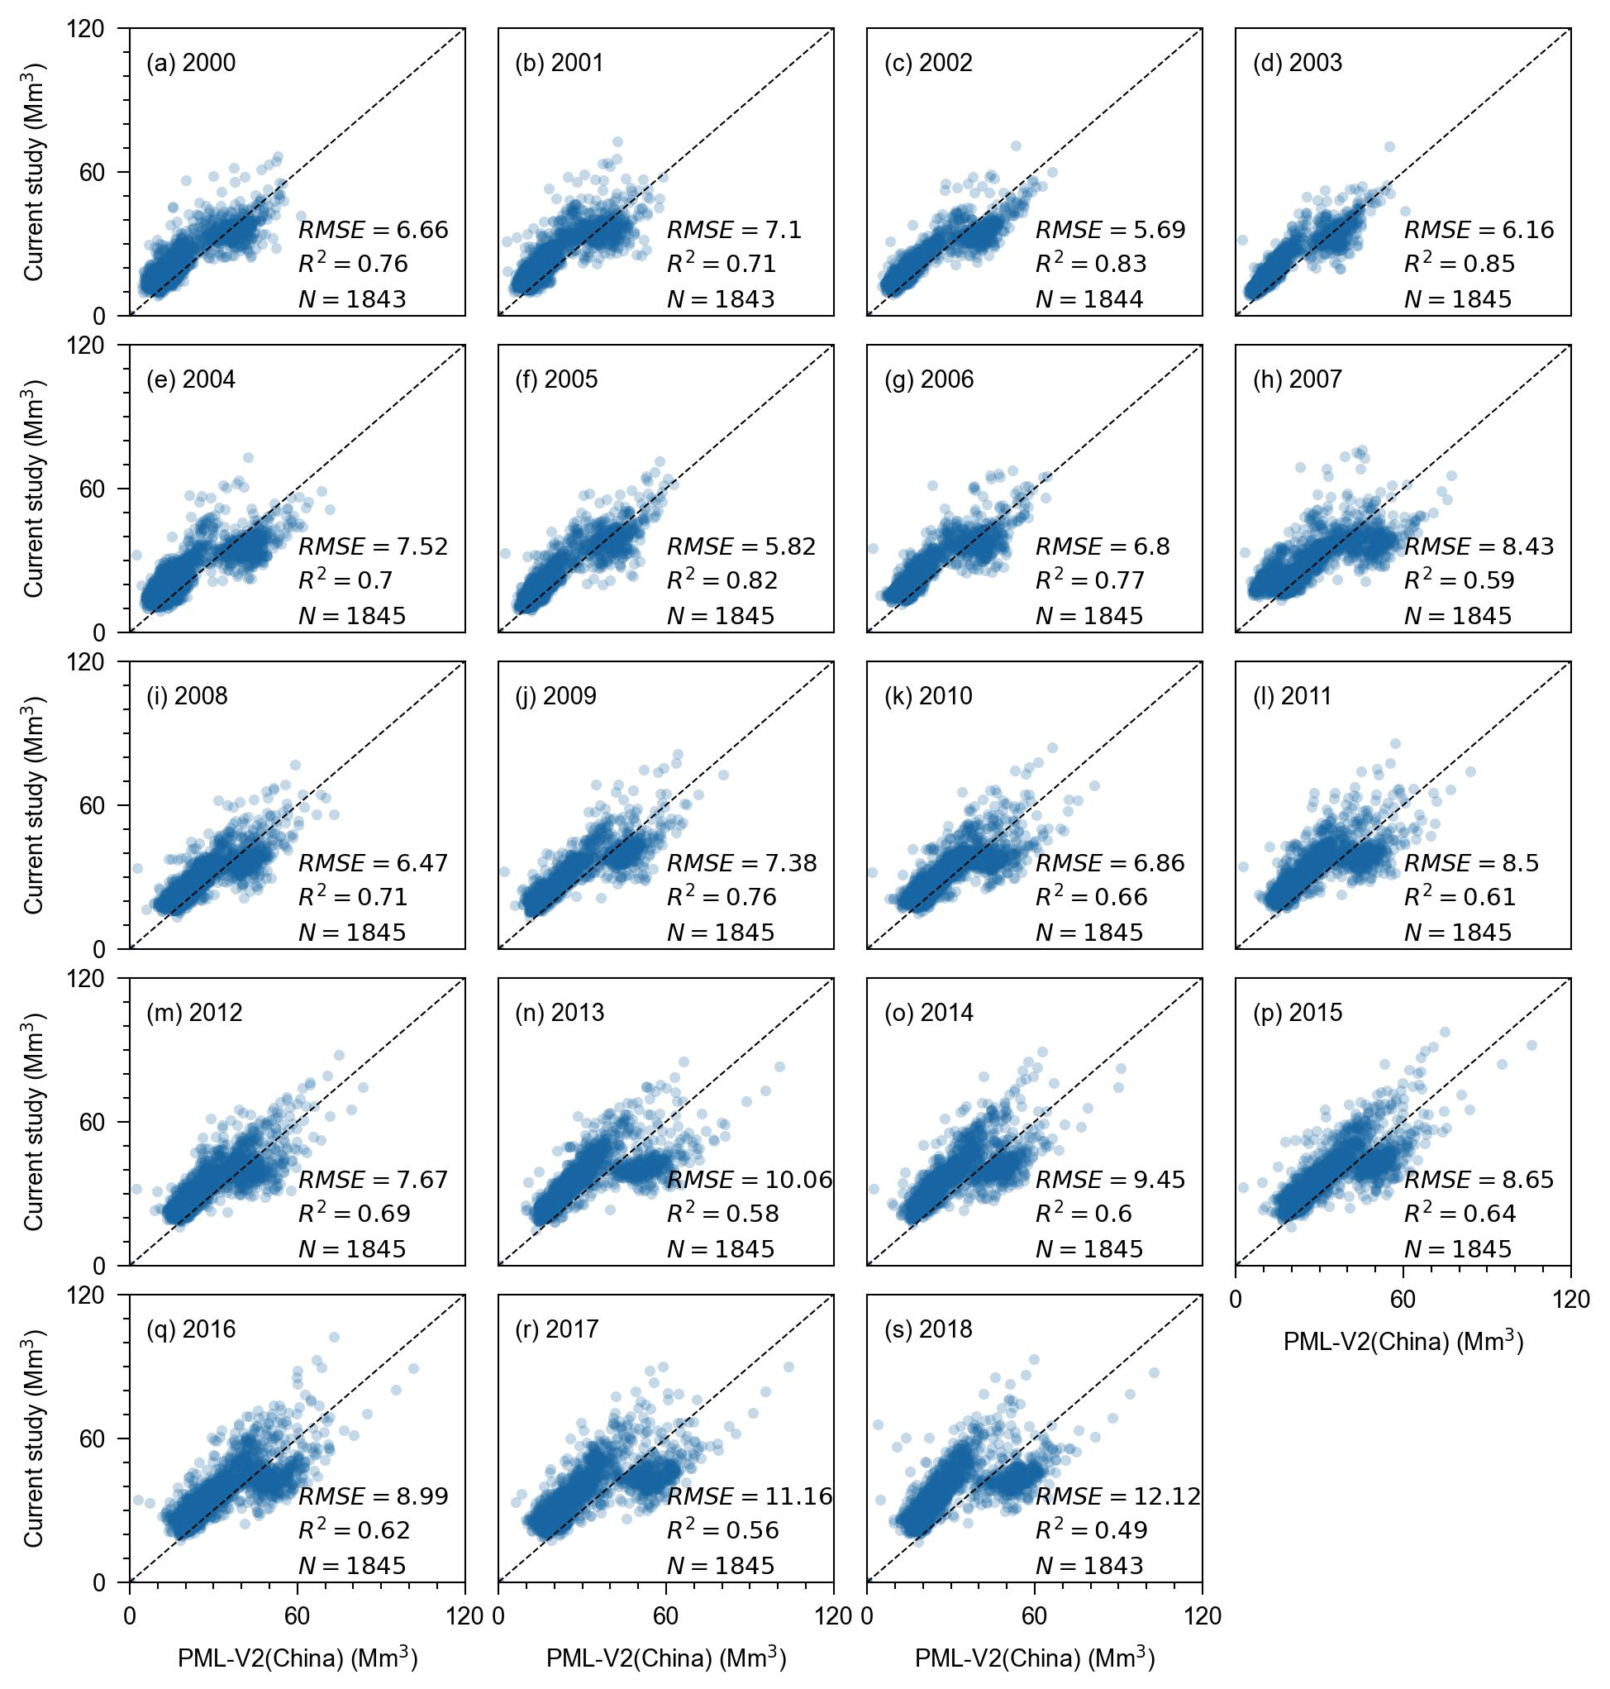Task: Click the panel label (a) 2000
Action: pyautogui.click(x=191, y=64)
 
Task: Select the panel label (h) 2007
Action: pyautogui.click(x=1297, y=379)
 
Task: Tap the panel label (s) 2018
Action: pyautogui.click(x=929, y=1329)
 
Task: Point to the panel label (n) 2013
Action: pyautogui.click(x=560, y=1013)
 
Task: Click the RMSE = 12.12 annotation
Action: pyautogui.click(x=1118, y=1496)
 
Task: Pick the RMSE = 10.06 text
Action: pyautogui.click(x=750, y=1180)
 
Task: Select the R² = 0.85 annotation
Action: pyautogui.click(x=1459, y=264)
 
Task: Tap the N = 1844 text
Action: pyautogui.click(x=1089, y=299)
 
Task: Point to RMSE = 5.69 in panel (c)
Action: pyautogui.click(x=1111, y=230)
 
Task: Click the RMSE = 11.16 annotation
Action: pyautogui.click(x=750, y=1496)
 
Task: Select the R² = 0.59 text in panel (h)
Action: pyautogui.click(x=1459, y=580)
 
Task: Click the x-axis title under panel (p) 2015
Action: pyautogui.click(x=1403, y=1342)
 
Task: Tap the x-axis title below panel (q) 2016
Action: pyautogui.click(x=297, y=1658)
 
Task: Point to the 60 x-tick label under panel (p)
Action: pyautogui.click(x=1403, y=1300)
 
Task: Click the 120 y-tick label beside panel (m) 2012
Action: pyautogui.click(x=110, y=978)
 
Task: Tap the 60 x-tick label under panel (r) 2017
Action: pyautogui.click(x=666, y=1616)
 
